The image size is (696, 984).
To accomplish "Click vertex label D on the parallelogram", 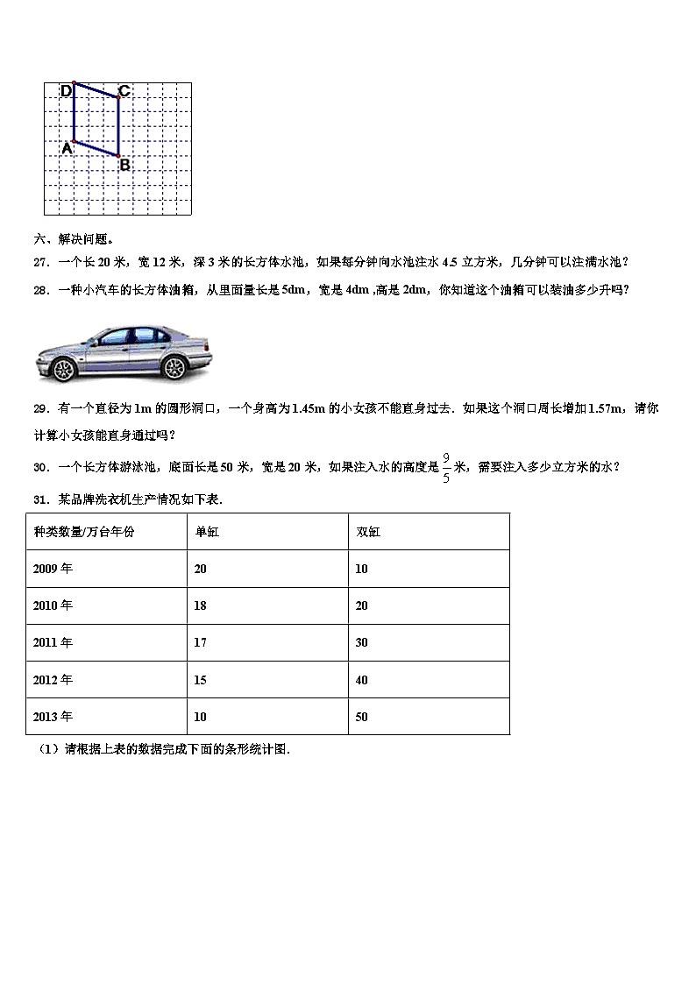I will [x=66, y=90].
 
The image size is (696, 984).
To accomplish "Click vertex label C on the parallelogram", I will [x=124, y=90].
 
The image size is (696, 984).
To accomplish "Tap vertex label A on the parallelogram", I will [x=67, y=149].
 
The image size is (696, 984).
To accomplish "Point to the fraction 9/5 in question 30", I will [x=445, y=467].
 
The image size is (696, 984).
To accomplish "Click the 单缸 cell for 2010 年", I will [x=201, y=605].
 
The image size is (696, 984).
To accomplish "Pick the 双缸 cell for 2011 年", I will [x=362, y=642].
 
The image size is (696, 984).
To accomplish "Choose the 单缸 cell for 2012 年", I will [x=201, y=680].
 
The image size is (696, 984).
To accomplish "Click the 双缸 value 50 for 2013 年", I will [x=362, y=717].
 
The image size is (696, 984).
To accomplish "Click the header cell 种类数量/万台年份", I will [x=84, y=532].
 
